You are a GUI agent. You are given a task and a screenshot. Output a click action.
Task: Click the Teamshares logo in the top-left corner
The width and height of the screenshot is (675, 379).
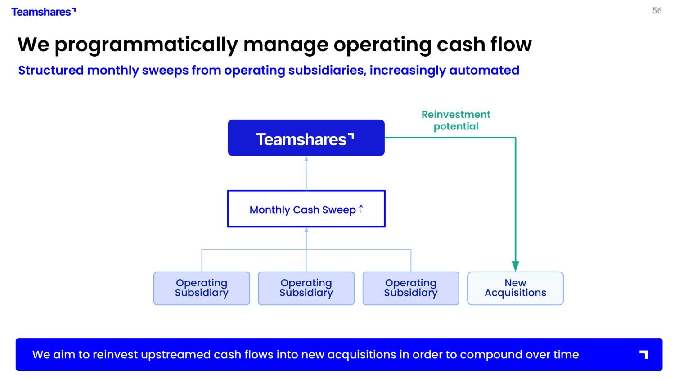pyautogui.click(x=43, y=12)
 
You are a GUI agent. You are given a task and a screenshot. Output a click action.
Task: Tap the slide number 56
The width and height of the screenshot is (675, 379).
pyautogui.click(x=657, y=11)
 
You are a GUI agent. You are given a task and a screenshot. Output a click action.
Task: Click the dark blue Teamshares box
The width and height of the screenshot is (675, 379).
pyautogui.click(x=306, y=138)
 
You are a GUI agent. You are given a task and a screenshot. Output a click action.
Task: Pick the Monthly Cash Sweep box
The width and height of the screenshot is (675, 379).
pyautogui.click(x=306, y=209)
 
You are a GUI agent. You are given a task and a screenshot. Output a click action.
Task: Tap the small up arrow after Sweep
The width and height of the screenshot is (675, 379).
pyautogui.click(x=361, y=209)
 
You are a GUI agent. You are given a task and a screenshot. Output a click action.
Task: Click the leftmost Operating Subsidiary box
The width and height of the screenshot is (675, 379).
pyautogui.click(x=202, y=288)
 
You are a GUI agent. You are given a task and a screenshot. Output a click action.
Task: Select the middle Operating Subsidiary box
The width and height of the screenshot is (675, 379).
pyautogui.click(x=306, y=288)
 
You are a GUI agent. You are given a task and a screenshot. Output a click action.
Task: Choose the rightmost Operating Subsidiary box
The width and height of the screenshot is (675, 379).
pyautogui.click(x=411, y=288)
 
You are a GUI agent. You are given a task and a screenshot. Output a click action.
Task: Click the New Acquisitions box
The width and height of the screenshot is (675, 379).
pyautogui.click(x=515, y=288)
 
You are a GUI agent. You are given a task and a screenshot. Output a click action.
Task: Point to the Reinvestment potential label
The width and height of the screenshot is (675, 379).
pyautogui.click(x=456, y=120)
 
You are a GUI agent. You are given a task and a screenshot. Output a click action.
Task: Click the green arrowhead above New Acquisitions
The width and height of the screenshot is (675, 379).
pyautogui.click(x=515, y=266)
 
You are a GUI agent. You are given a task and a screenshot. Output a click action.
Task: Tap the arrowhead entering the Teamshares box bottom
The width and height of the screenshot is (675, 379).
pyautogui.click(x=306, y=159)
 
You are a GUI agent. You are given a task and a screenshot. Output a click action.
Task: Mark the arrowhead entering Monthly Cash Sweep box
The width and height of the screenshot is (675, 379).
pyautogui.click(x=306, y=230)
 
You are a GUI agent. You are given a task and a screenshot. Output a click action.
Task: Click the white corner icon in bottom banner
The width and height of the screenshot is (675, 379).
pyautogui.click(x=644, y=355)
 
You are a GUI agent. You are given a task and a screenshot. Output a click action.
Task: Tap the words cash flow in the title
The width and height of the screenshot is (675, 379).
pyautogui.click(x=484, y=45)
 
